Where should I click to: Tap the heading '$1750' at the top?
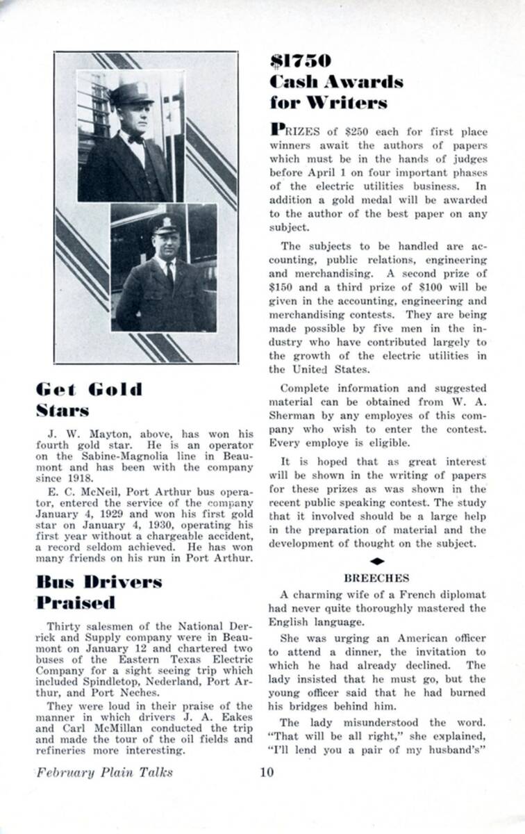[301, 61]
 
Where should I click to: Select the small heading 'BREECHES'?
[376, 578]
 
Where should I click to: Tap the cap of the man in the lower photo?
[166, 224]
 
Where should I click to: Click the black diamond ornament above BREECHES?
[376, 560]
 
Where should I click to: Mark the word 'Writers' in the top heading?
[349, 103]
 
